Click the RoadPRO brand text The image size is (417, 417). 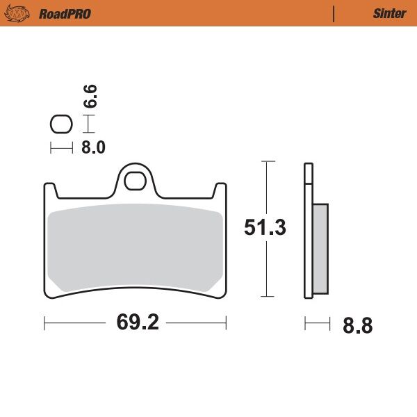click(x=65, y=14)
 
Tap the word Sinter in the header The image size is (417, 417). click(x=389, y=14)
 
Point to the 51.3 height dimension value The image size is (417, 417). click(x=265, y=228)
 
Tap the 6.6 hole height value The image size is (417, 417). click(x=90, y=95)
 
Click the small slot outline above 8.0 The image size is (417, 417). click(x=61, y=125)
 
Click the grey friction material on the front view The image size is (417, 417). click(x=136, y=247)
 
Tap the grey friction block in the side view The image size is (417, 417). click(x=321, y=248)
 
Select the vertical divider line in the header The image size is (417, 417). click(x=334, y=14)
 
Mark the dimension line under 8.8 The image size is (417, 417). click(x=317, y=322)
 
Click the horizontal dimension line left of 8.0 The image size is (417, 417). click(x=61, y=147)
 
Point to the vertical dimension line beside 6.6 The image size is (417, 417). click(x=88, y=124)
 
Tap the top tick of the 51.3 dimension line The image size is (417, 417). click(x=268, y=161)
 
